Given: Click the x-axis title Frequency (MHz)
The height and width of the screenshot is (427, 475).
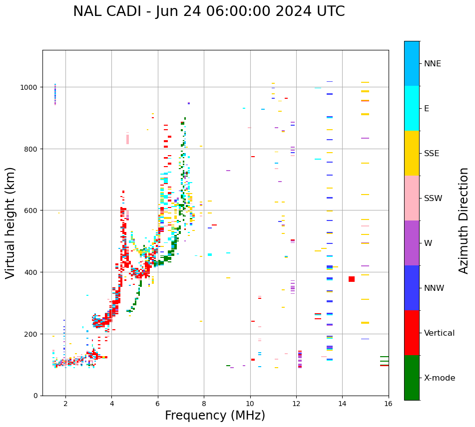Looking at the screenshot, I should tap(215, 416).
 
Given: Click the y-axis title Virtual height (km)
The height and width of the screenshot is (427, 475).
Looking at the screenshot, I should tap(10, 222).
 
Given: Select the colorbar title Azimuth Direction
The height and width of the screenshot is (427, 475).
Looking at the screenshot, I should tap(464, 220).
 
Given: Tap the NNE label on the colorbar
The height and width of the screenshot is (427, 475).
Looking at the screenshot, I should tap(433, 64).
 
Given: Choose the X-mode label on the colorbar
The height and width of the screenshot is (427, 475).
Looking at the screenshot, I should tap(440, 378).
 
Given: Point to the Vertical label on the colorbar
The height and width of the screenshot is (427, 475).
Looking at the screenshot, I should tap(440, 333).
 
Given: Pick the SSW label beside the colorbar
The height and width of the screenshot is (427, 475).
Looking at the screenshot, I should tap(433, 199).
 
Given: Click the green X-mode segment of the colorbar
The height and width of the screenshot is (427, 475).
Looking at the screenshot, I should tap(412, 378).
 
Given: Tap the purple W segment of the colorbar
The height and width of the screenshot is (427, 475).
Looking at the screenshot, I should tap(412, 243).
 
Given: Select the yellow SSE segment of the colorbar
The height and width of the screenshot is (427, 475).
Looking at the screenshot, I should tap(412, 153).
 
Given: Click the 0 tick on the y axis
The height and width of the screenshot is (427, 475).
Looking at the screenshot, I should tap(36, 396).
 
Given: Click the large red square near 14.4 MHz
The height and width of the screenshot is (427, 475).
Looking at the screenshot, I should tap(352, 279).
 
